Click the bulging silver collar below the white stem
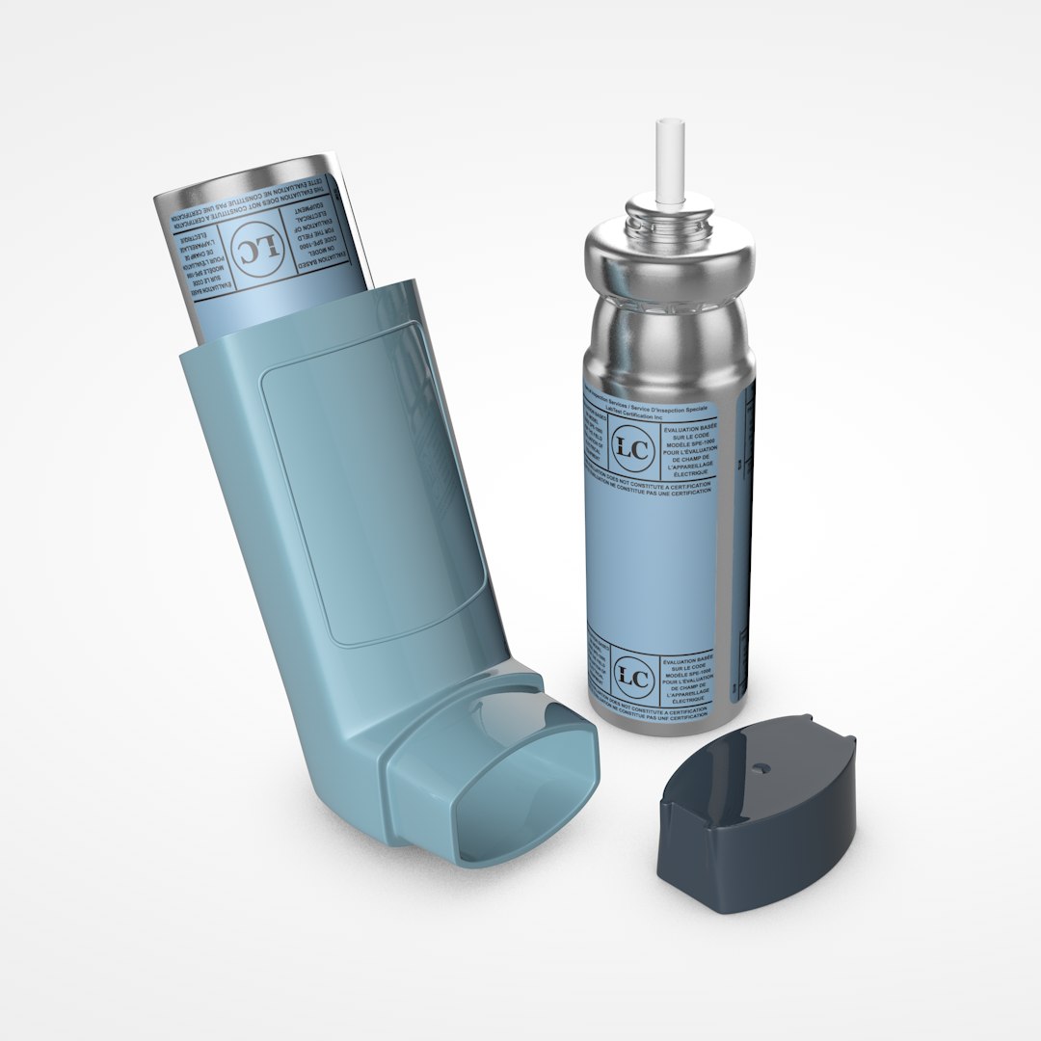[665, 255]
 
